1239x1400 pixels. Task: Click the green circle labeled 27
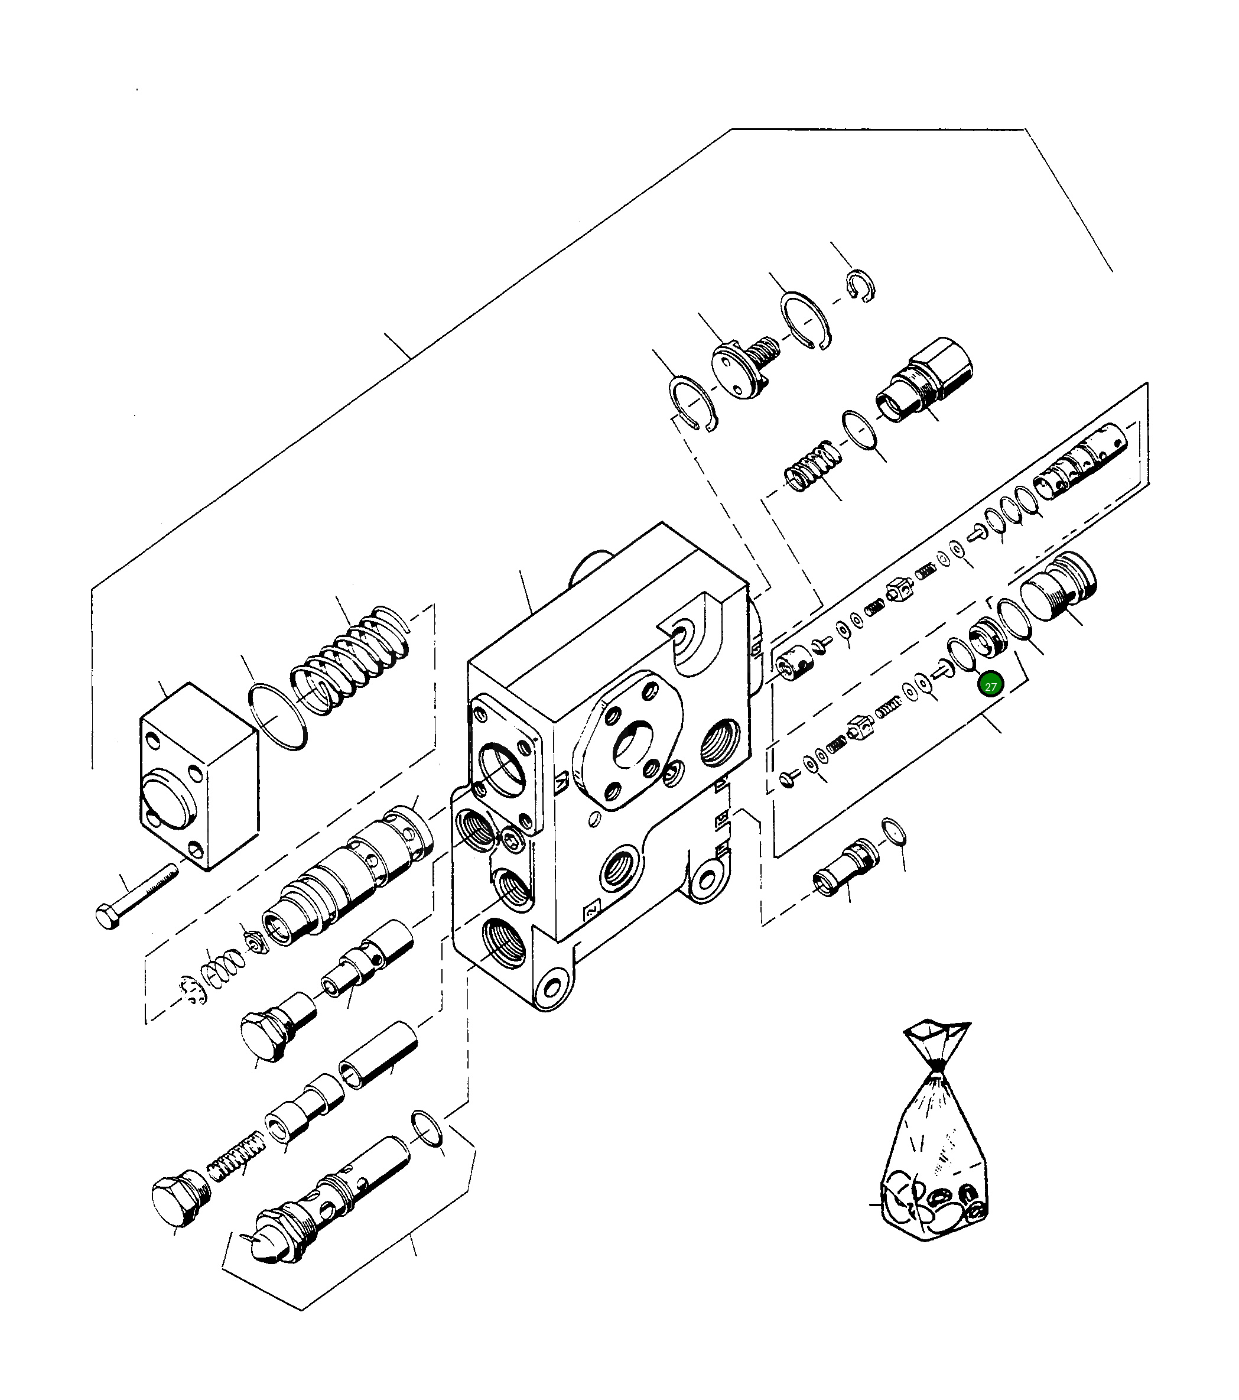990,685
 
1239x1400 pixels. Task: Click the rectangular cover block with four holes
199,775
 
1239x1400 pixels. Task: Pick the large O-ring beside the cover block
277,716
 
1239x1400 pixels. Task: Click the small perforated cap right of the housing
795,664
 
